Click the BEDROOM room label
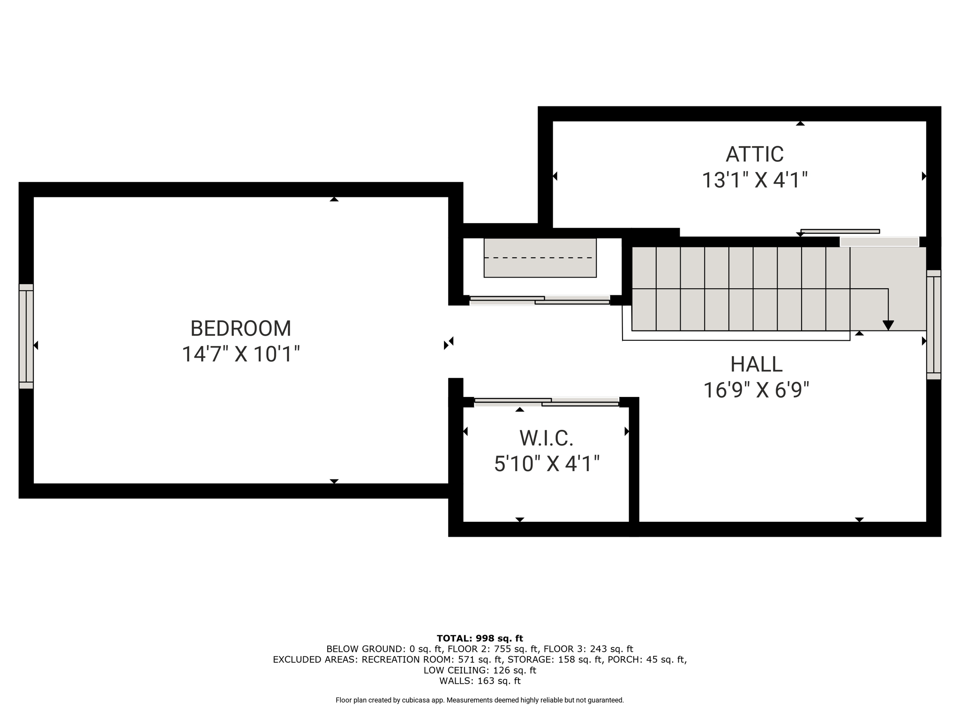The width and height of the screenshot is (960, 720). (x=240, y=329)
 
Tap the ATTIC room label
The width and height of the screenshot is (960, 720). (x=755, y=154)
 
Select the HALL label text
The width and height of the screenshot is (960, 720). (x=756, y=364)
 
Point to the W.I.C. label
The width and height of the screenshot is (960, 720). (x=547, y=438)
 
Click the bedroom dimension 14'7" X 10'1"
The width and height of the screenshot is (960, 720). (x=240, y=354)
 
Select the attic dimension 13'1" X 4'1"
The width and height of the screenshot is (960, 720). (x=755, y=180)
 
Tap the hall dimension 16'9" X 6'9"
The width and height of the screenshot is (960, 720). (x=756, y=390)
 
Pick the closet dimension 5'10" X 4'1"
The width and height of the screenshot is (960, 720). (x=547, y=464)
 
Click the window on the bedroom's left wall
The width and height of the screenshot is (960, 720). (x=26, y=336)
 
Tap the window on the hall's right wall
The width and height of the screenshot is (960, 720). (x=934, y=324)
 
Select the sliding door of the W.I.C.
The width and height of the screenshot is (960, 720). (x=547, y=402)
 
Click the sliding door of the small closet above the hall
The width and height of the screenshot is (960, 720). (x=540, y=300)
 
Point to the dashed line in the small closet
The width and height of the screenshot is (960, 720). (x=540, y=258)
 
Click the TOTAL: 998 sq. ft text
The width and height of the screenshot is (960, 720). (x=480, y=638)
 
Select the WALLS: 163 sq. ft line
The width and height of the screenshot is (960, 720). (x=480, y=681)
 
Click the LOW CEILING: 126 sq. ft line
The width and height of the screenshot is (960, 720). (x=480, y=670)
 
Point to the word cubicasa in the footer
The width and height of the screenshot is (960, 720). (x=416, y=700)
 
